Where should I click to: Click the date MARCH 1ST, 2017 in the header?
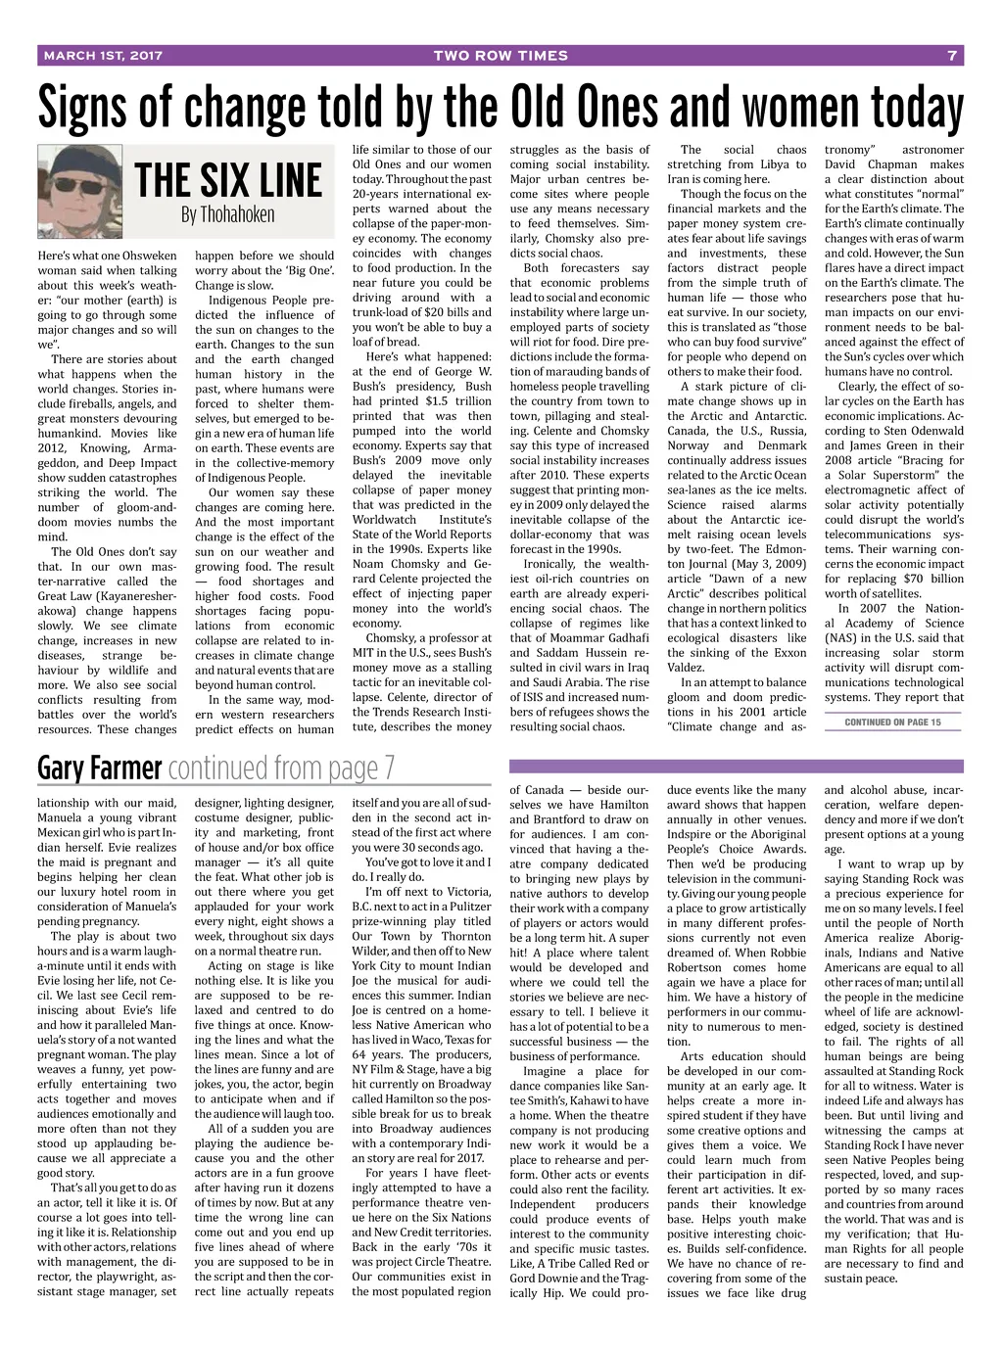point(103,56)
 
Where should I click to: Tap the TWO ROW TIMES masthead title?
point(501,56)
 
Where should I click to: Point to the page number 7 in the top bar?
point(951,56)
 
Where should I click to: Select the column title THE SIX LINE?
point(227,181)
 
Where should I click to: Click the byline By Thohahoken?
point(227,214)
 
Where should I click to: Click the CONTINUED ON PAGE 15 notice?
point(892,722)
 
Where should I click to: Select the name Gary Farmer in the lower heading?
point(99,769)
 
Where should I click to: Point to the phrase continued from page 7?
point(282,769)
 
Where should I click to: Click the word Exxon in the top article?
point(788,653)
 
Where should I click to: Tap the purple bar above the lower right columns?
point(736,767)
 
